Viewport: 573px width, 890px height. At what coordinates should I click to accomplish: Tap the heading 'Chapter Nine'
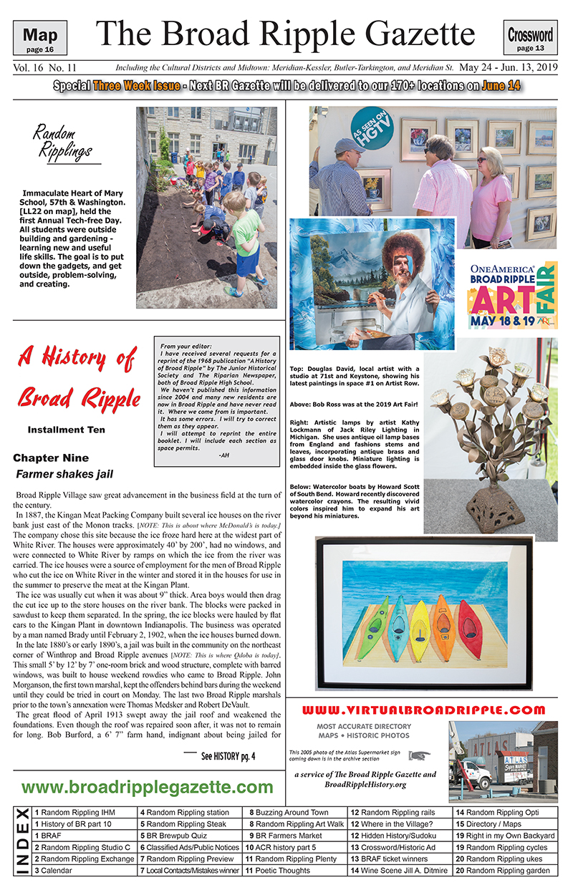[50, 458]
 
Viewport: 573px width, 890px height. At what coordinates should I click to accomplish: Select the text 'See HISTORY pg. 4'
[228, 755]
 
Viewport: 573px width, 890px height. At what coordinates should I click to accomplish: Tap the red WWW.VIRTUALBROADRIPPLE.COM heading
[424, 710]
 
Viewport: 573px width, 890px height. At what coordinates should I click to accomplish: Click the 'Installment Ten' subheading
[66, 430]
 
